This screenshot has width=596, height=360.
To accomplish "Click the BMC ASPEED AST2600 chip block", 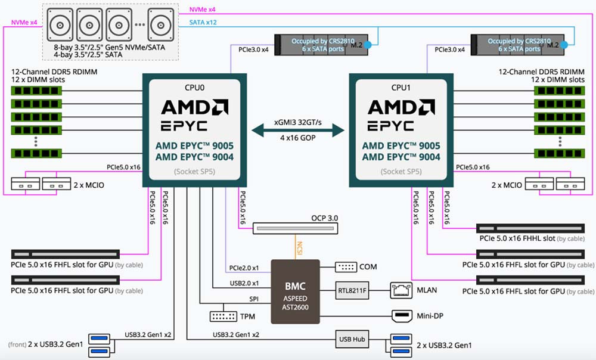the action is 296,291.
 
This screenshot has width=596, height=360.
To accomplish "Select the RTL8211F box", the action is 352,291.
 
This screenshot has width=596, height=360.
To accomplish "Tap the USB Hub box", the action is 352,339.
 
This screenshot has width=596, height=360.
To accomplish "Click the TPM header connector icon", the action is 223,316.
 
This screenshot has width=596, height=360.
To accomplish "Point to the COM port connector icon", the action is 346,267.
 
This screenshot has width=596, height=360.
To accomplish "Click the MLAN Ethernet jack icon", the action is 401,290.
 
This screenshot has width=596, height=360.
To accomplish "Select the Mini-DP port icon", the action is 402,315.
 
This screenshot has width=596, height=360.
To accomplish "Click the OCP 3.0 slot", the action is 296,228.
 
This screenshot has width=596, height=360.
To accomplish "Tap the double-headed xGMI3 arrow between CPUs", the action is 298,131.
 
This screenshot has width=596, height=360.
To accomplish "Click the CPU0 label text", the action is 195,88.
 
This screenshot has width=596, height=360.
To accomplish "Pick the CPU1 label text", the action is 401,88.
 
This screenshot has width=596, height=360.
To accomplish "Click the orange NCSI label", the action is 299,248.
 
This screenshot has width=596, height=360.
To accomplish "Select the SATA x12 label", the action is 203,23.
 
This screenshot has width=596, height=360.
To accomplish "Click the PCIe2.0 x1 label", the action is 244,268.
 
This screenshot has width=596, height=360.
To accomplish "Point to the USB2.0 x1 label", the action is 244,283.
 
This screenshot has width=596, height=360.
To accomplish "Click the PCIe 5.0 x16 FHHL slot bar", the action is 530,228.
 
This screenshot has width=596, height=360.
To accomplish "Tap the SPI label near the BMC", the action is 254,299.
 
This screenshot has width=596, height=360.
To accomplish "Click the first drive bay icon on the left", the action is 60,24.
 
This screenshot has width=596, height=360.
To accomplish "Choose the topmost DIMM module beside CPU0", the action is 36,91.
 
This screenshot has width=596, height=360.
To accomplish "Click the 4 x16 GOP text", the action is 298,138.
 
